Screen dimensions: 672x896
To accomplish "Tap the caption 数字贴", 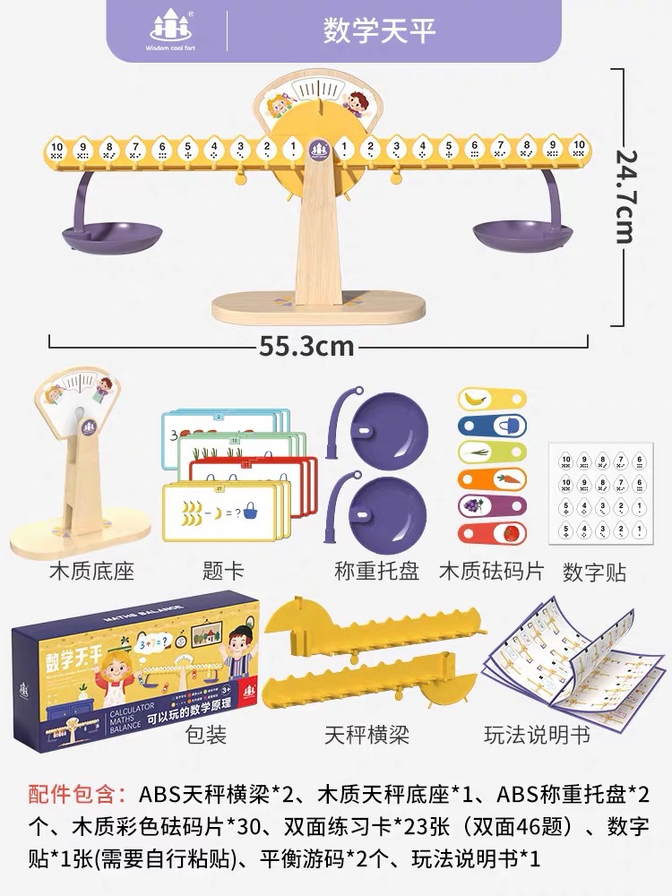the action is coord(594,572).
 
